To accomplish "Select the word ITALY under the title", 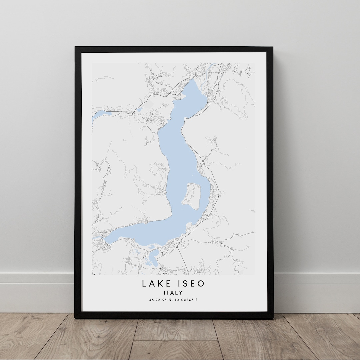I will (173, 293).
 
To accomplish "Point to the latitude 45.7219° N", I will (160, 300).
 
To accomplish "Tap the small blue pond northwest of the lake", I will (139, 109).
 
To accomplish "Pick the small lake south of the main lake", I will (153, 258).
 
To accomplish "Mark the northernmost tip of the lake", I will (194, 80).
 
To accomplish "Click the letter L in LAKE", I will (144, 284).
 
